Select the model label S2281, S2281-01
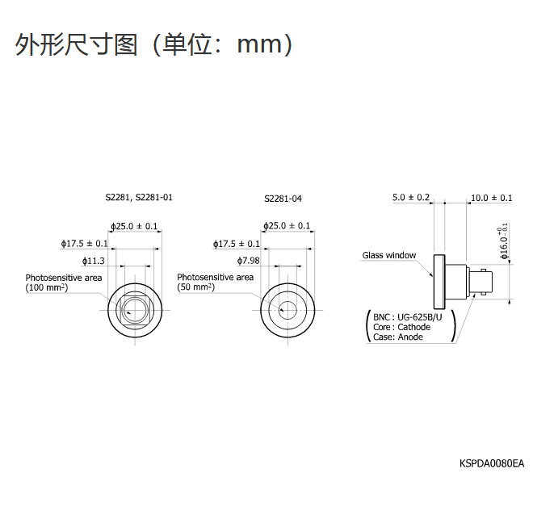(139, 197)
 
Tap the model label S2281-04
(283, 198)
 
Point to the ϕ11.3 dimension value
(94, 261)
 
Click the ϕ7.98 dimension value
(248, 261)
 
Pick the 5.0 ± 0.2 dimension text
(411, 197)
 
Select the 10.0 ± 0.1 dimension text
(491, 197)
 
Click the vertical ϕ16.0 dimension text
(505, 241)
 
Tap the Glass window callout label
(388, 255)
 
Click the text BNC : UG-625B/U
(409, 317)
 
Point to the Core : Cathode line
(401, 327)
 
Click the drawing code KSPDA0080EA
(492, 463)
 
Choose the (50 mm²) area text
(196, 287)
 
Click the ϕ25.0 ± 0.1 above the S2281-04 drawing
(287, 226)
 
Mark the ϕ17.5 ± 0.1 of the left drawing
(85, 243)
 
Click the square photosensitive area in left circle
(134, 308)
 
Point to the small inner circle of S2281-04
(287, 308)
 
